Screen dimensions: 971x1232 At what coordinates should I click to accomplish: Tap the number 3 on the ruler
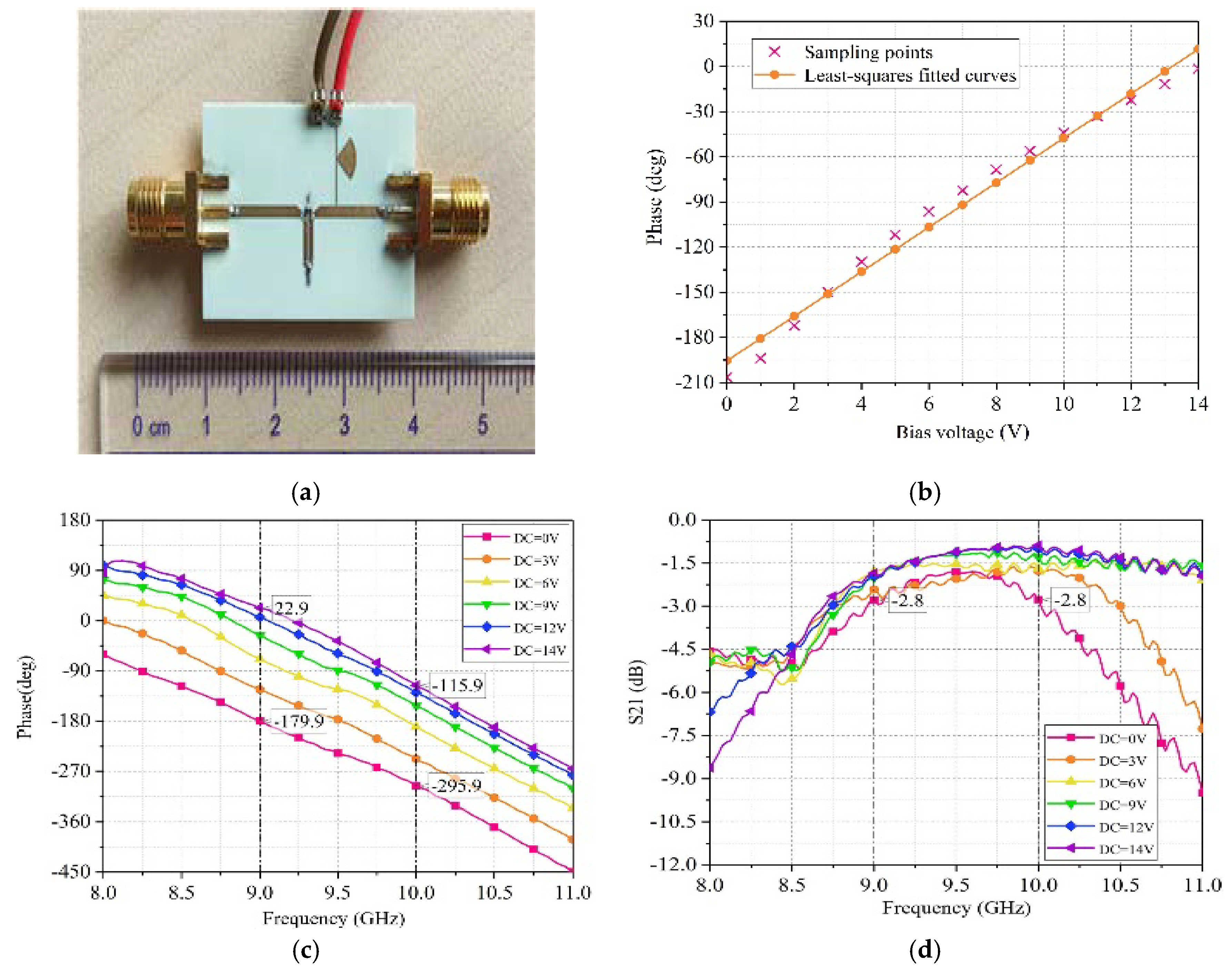pyautogui.click(x=344, y=425)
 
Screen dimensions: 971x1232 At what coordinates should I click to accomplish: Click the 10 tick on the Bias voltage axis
pyautogui.click(x=1063, y=404)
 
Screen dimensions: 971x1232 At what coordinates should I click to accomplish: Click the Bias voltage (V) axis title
pyautogui.click(x=962, y=433)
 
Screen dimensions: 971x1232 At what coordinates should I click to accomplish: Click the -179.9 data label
pyautogui.click(x=299, y=721)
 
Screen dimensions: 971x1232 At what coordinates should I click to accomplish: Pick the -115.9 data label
pyautogui.click(x=458, y=685)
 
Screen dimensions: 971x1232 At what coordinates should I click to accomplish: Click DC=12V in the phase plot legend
pyautogui.click(x=539, y=628)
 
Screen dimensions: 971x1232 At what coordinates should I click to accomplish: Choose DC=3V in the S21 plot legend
pyautogui.click(x=1122, y=761)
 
